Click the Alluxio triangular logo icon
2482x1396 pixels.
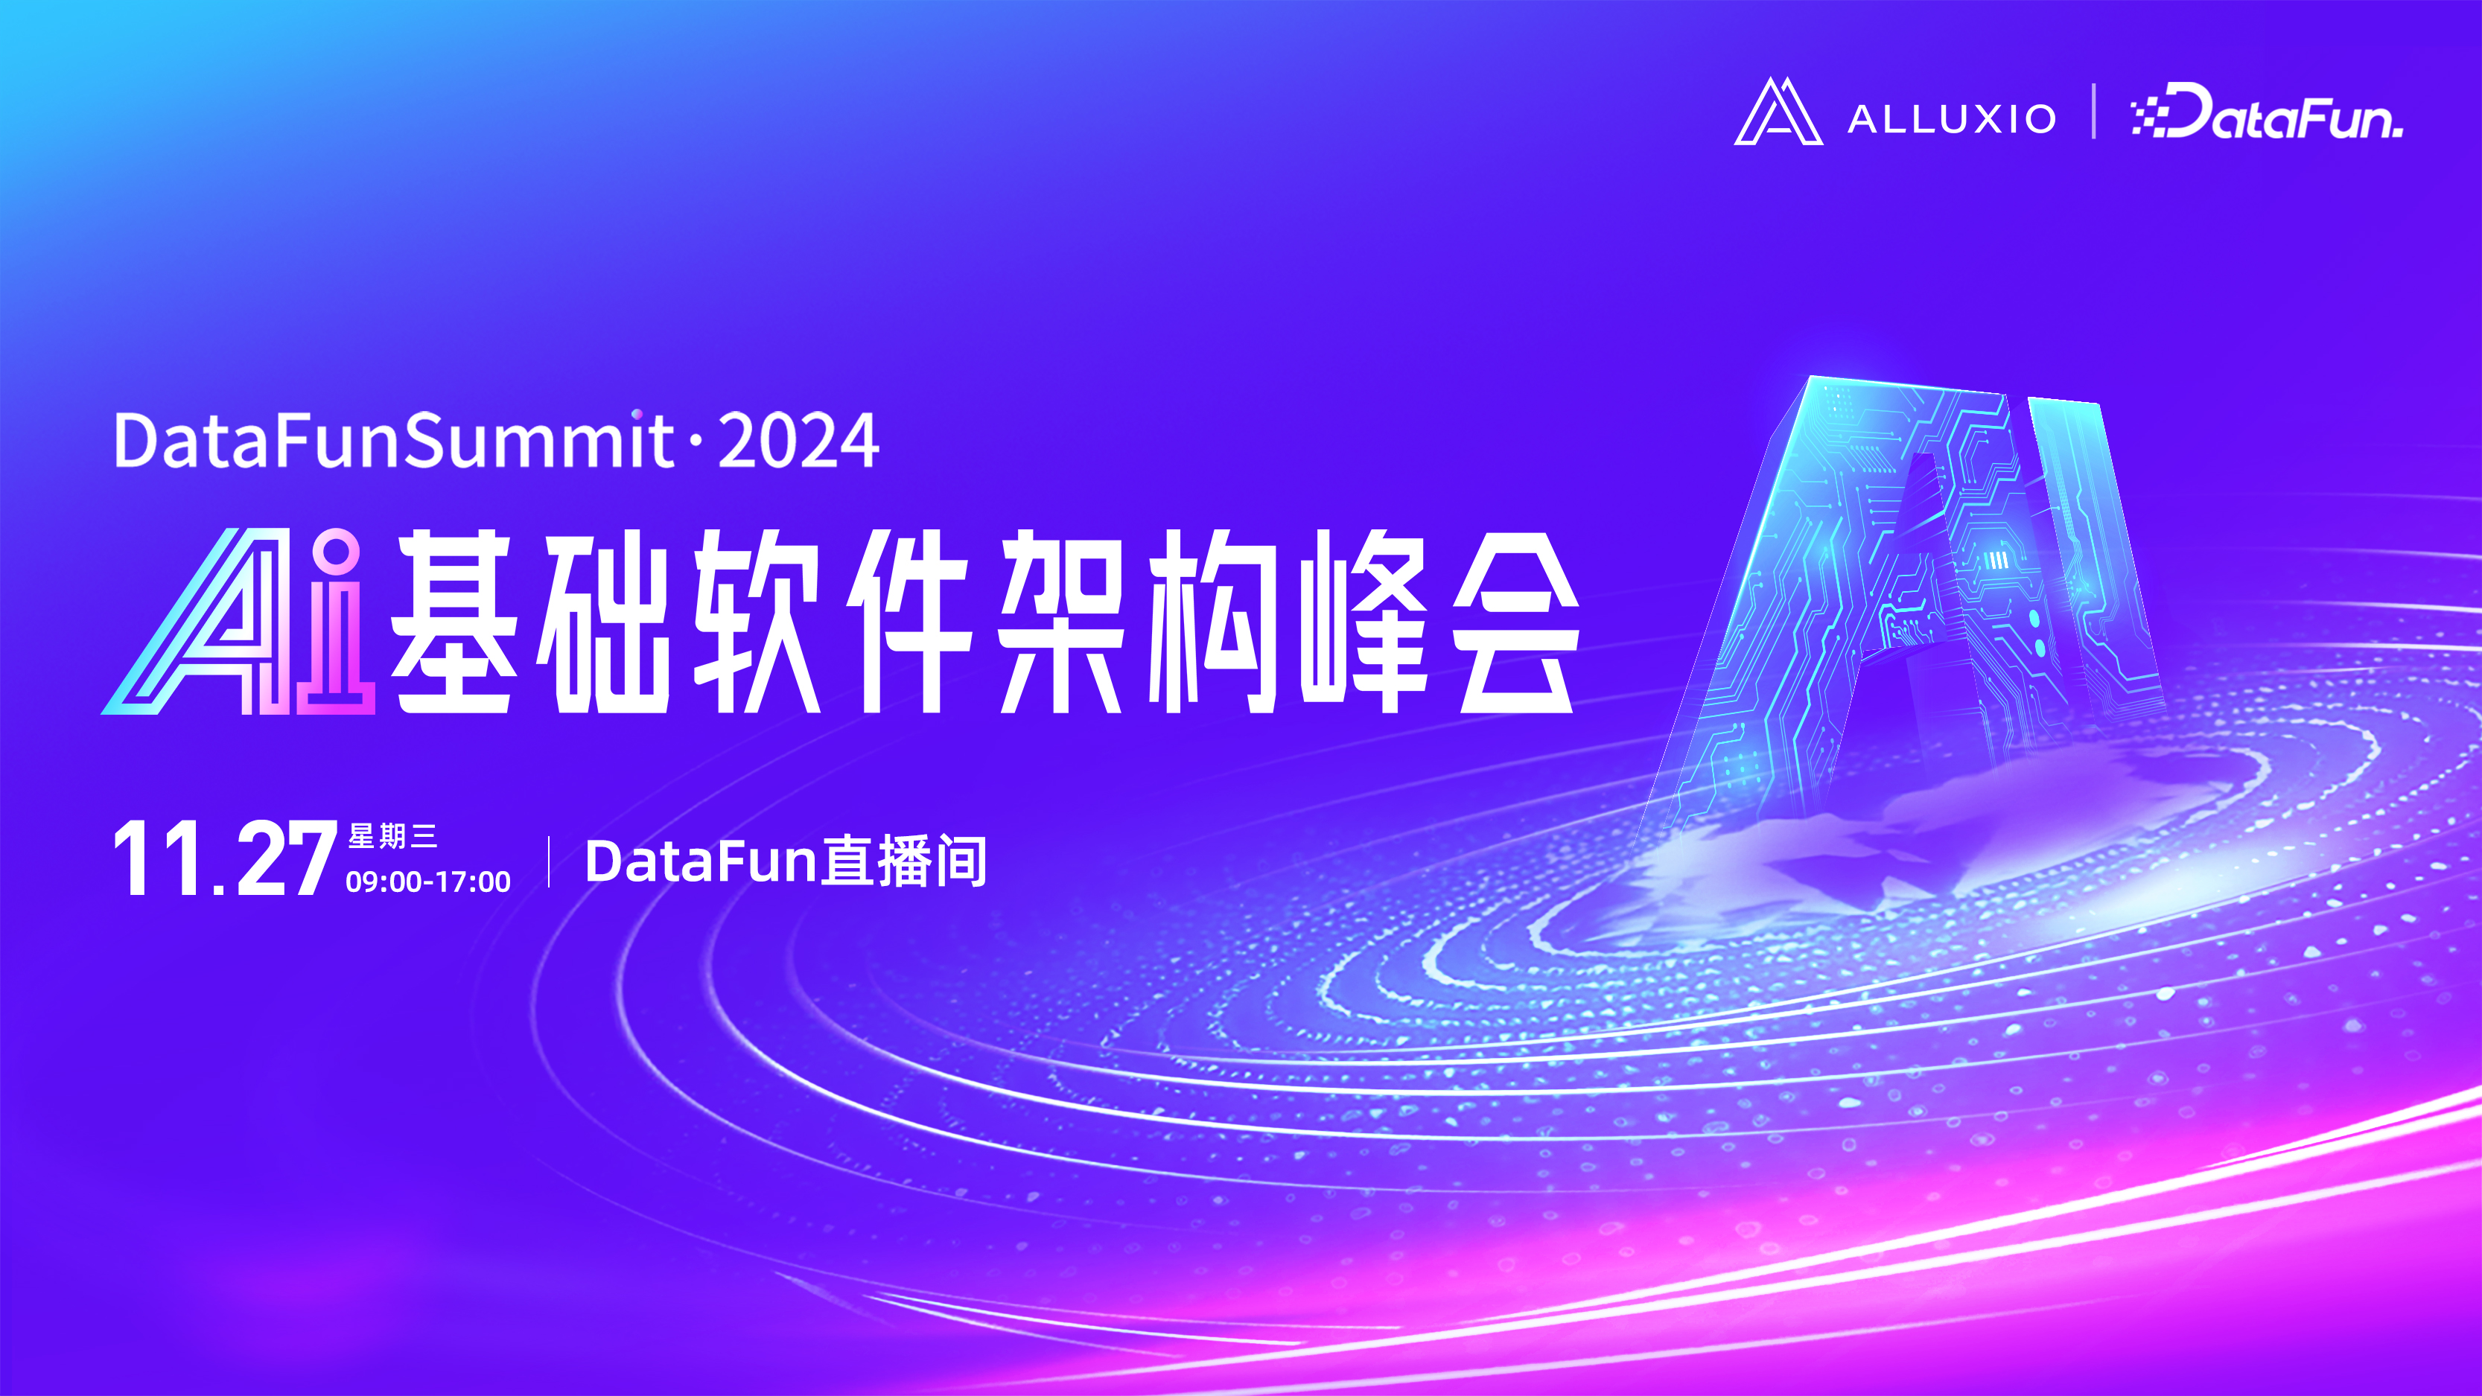[1778, 112]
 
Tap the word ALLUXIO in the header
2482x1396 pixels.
[1952, 119]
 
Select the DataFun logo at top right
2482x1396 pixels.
[2267, 114]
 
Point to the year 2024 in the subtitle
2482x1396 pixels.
[798, 442]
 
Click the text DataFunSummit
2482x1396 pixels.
[393, 442]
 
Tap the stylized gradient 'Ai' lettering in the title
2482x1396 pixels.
[239, 623]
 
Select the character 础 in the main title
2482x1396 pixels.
[603, 623]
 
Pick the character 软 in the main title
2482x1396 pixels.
[757, 623]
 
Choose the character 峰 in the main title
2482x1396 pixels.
[1363, 623]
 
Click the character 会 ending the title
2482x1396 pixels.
[1515, 623]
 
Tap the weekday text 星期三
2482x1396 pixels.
[392, 835]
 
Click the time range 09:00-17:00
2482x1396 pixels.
[427, 882]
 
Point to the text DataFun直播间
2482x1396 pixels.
[786, 861]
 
